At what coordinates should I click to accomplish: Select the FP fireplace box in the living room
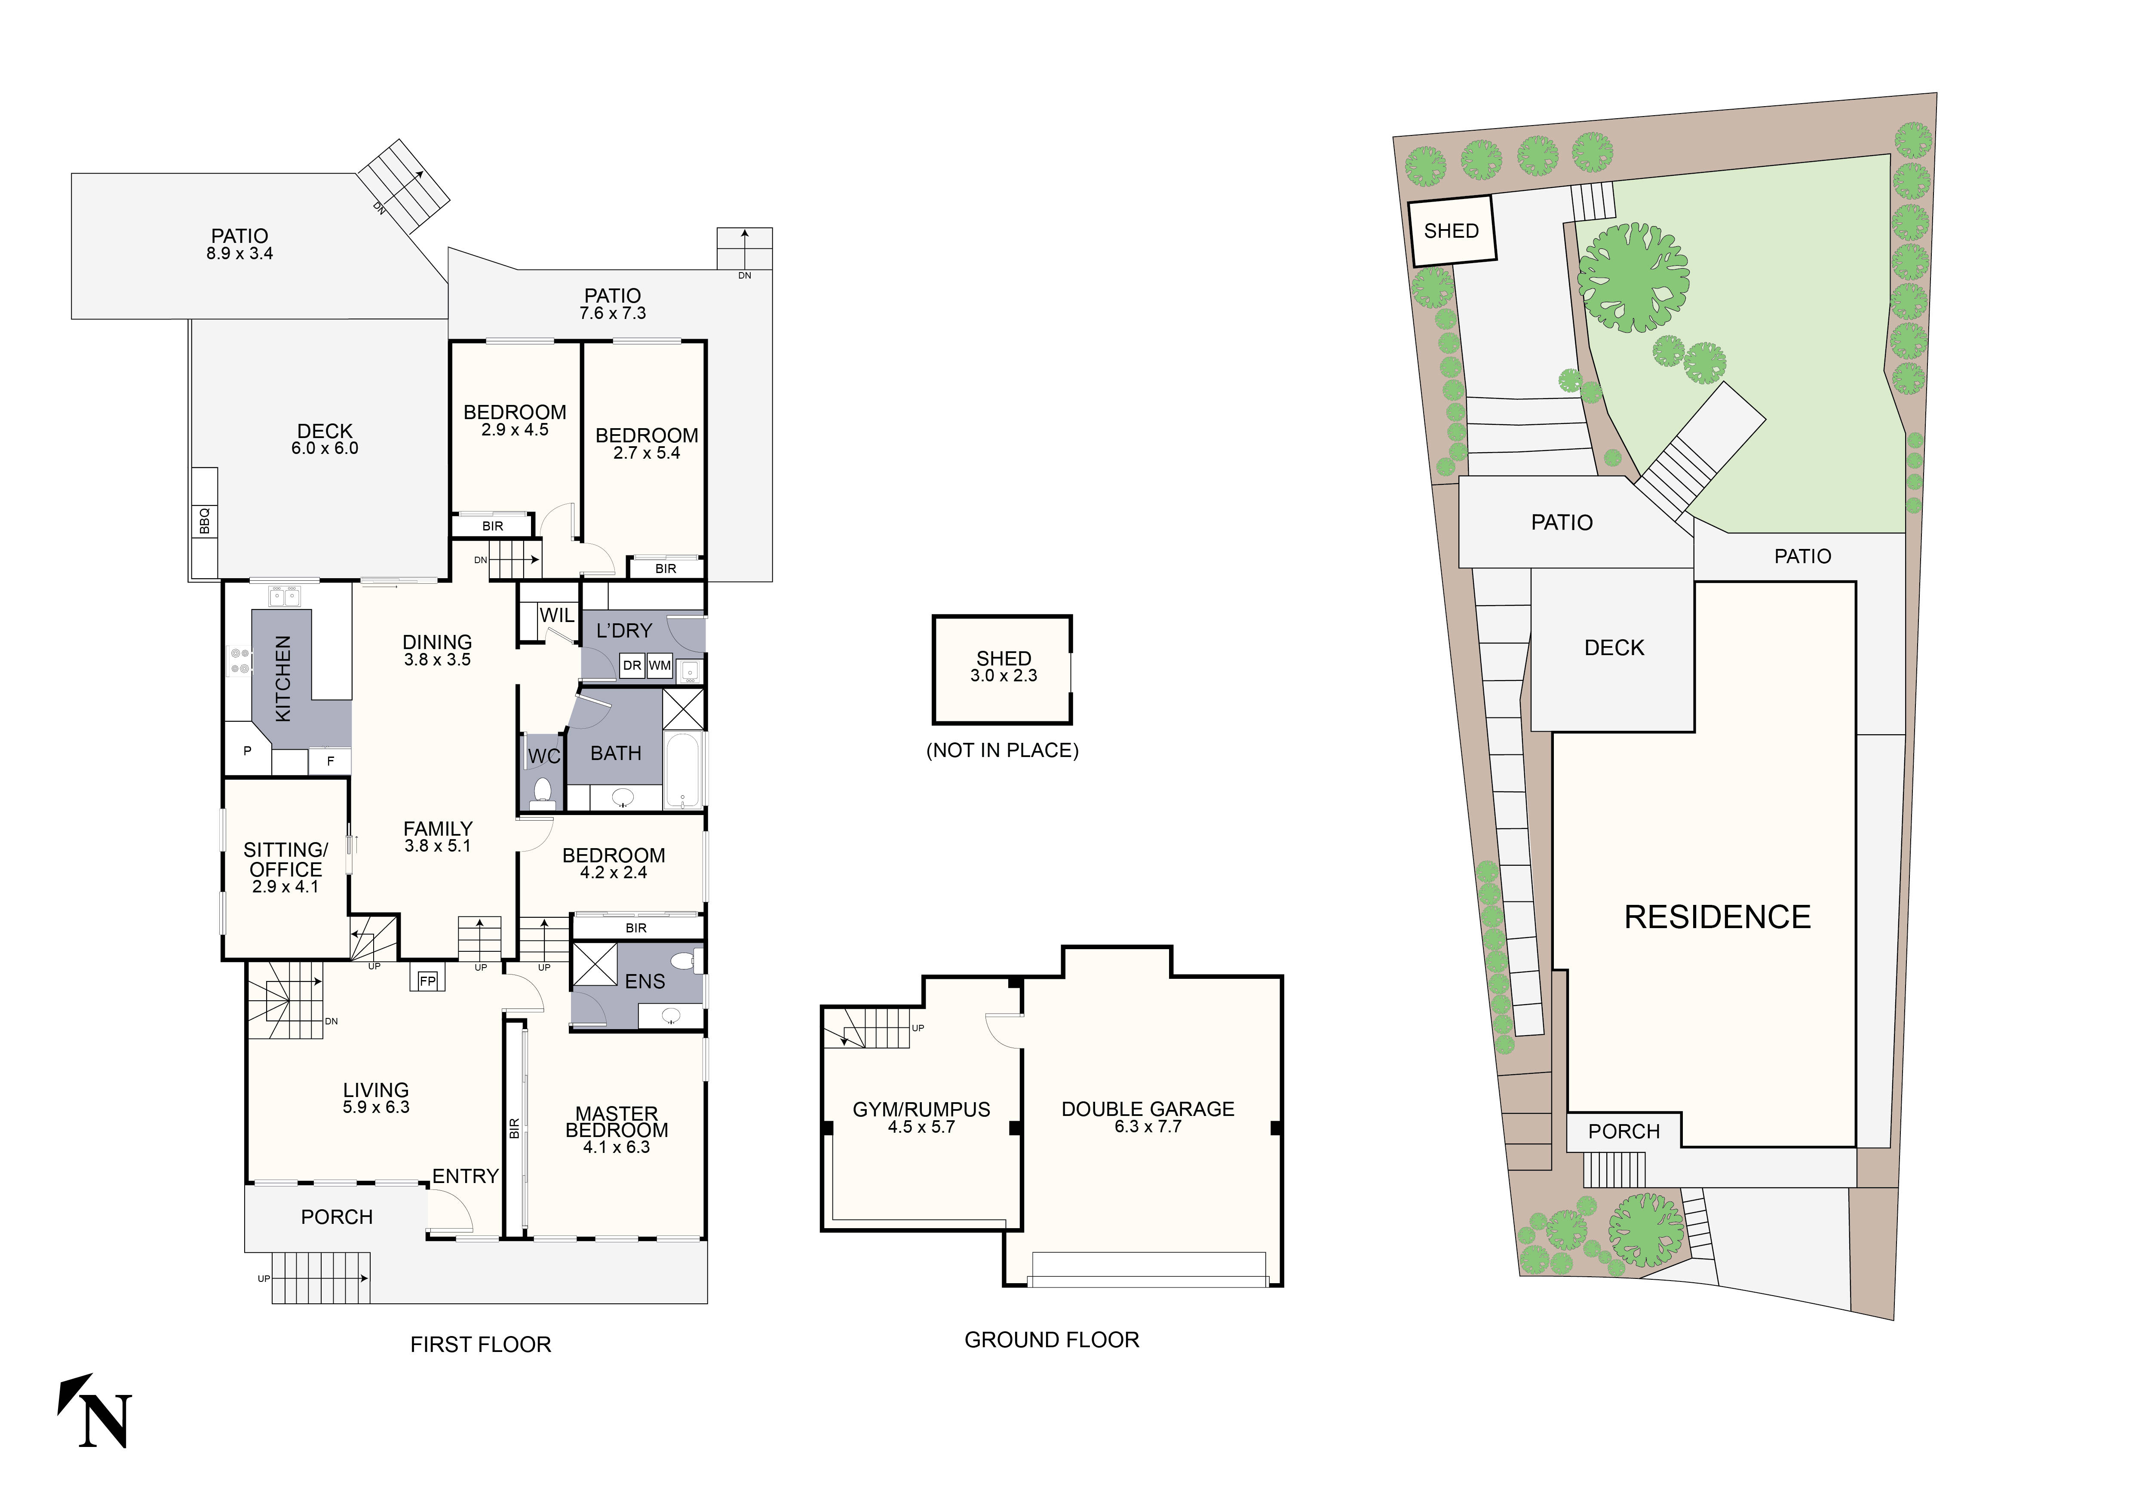427,981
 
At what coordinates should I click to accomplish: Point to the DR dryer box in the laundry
632,666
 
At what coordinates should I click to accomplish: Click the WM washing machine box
660,666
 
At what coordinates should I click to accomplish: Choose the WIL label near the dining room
556,616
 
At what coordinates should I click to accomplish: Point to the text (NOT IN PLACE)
1002,750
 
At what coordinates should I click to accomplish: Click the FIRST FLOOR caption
480,1345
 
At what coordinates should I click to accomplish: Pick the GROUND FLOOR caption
1052,1340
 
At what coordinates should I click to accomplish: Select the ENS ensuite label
645,981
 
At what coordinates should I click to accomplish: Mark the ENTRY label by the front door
466,1177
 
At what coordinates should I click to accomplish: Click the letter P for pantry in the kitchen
247,750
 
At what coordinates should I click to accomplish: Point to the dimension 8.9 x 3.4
239,254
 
